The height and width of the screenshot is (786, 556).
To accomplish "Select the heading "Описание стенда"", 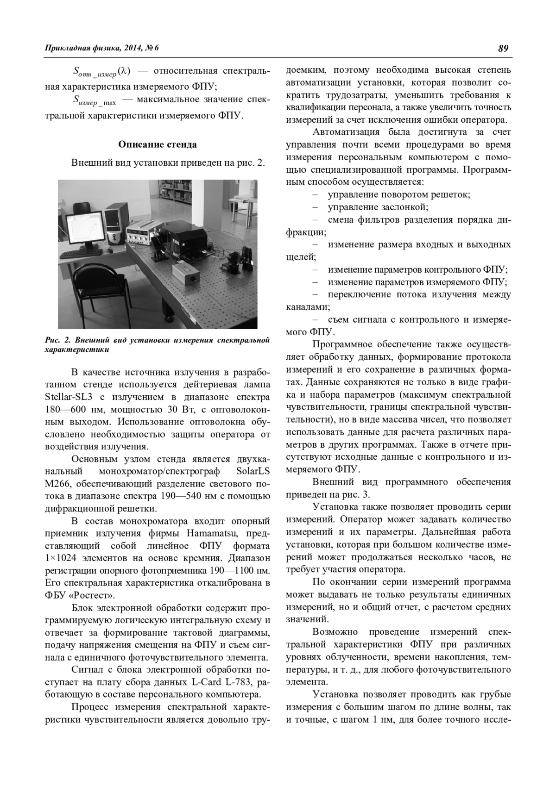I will tap(158, 144).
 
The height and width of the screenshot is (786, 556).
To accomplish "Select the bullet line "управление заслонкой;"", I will tap(378, 207).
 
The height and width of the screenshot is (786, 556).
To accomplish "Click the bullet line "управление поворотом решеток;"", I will tap(398, 194).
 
